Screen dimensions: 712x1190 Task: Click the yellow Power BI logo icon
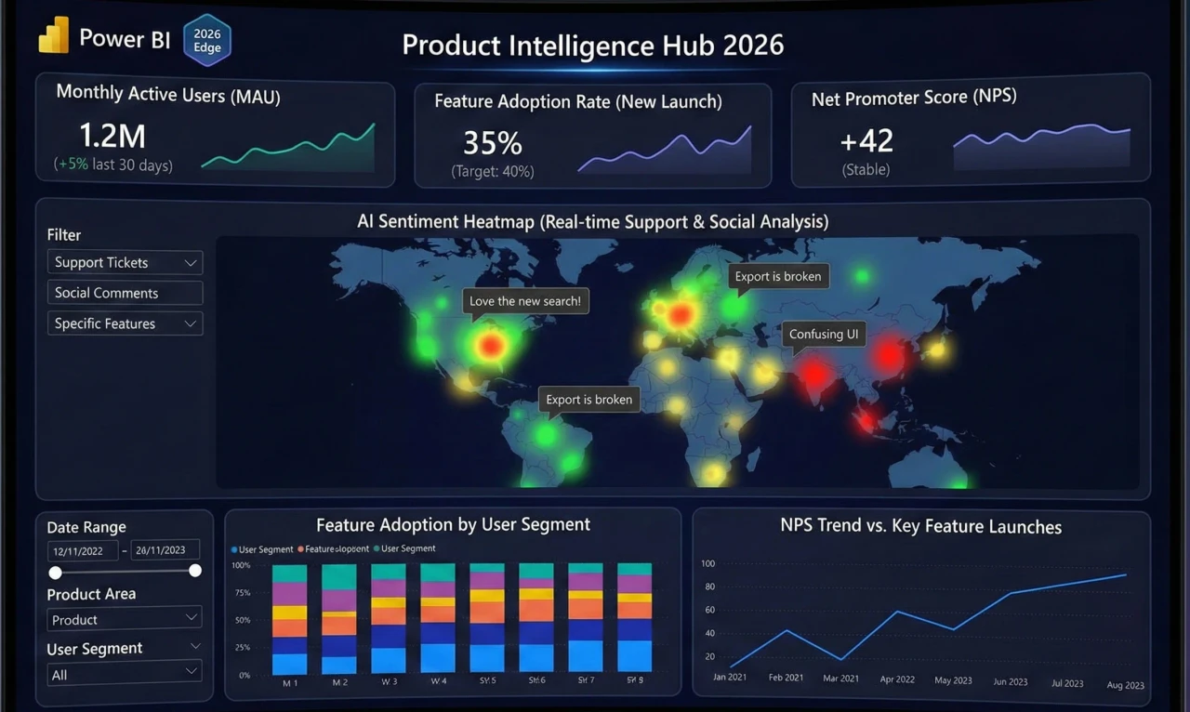tap(54, 36)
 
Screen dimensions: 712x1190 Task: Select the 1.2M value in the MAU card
tap(112, 136)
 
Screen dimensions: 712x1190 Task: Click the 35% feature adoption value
tap(493, 142)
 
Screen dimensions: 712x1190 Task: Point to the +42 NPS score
tap(866, 140)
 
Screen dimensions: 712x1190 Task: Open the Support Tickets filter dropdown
tap(125, 263)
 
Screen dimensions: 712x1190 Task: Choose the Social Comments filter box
tap(125, 293)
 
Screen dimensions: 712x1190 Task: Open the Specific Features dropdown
tap(125, 323)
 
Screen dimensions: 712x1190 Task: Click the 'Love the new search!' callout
tap(525, 301)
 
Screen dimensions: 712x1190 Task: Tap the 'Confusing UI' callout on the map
tap(824, 334)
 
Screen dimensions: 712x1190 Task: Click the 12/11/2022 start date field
tap(83, 550)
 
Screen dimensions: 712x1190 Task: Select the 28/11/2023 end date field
tap(165, 550)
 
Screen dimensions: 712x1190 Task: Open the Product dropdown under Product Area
tap(125, 619)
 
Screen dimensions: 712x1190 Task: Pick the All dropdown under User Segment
tap(125, 674)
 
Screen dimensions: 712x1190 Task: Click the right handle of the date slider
tap(195, 571)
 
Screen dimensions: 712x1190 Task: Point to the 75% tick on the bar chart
tap(242, 593)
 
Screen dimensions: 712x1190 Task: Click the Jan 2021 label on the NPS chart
tap(730, 678)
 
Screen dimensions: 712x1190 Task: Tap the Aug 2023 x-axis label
tap(1125, 685)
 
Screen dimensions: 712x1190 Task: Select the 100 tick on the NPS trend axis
tap(708, 564)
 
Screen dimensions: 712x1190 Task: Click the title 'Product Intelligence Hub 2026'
tap(592, 45)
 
